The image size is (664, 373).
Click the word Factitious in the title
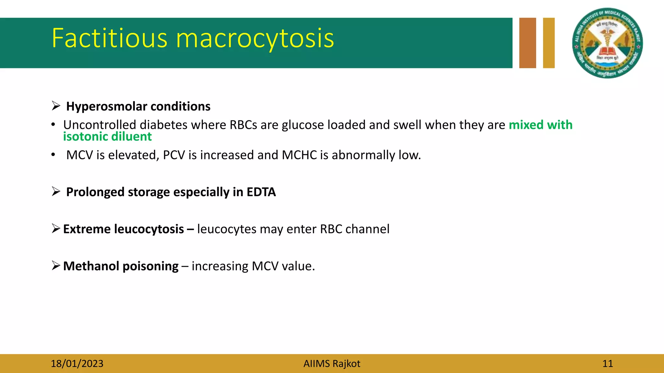point(109,38)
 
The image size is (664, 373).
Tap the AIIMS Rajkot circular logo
point(607,43)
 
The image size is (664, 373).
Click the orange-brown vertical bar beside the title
point(528,43)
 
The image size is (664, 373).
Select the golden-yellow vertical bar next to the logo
point(549,43)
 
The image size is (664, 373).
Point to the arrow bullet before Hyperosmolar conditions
point(56,106)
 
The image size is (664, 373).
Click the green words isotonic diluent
point(107,137)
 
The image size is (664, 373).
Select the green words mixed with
point(540,125)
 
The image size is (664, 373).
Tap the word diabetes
point(163,125)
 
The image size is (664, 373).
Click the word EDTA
point(261,192)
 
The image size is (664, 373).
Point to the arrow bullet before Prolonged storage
point(56,191)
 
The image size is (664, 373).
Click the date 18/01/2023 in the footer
point(77,364)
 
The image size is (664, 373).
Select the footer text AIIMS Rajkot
point(332,364)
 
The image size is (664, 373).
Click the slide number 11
point(607,364)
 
